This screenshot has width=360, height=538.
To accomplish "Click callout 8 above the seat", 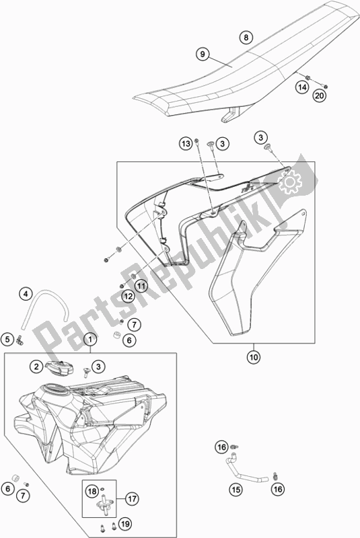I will point(246,38).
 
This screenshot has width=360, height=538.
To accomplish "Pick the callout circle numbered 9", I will point(201,52).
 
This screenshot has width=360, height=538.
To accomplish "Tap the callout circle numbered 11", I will point(141,286).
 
